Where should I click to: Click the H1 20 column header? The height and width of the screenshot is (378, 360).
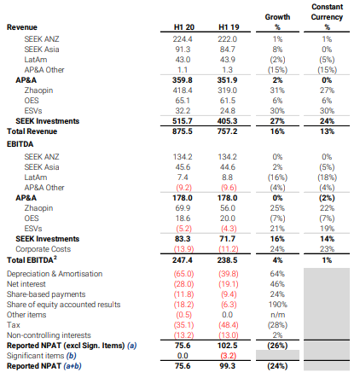(184, 27)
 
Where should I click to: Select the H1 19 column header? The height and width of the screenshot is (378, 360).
(229, 27)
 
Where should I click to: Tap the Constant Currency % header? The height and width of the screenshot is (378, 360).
(327, 17)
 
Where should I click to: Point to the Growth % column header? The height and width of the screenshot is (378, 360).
(277, 22)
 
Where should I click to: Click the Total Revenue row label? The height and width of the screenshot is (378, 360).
(32, 131)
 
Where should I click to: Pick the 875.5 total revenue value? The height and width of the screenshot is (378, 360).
(183, 131)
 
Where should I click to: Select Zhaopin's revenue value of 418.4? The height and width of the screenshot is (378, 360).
(183, 90)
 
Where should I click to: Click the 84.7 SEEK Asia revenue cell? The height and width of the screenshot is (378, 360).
(228, 49)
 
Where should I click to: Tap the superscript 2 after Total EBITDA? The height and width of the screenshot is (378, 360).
(55, 258)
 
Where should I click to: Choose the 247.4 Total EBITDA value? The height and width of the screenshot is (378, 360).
(183, 260)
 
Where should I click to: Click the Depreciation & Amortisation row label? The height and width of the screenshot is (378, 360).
(55, 274)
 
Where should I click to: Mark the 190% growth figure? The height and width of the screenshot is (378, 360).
(278, 305)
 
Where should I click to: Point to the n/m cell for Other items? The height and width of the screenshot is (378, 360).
(277, 315)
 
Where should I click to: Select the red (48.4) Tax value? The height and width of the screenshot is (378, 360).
(229, 325)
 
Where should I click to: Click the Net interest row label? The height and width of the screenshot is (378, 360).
(26, 284)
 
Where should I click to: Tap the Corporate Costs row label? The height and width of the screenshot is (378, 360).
(44, 249)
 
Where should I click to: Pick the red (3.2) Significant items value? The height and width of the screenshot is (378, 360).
(229, 356)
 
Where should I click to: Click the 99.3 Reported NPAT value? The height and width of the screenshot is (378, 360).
(228, 366)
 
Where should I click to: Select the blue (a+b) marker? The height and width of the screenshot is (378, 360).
(73, 366)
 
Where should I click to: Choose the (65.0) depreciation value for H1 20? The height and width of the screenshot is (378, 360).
(183, 274)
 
